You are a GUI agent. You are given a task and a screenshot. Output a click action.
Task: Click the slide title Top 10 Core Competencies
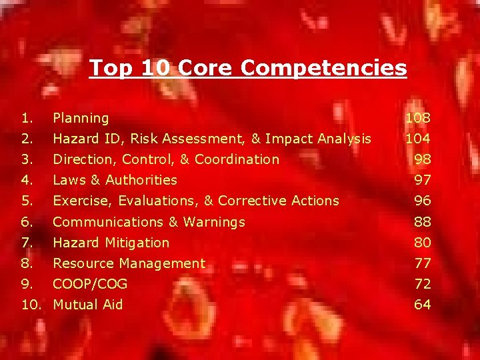pos(247,68)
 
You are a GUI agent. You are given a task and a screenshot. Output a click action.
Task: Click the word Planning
pos(81,119)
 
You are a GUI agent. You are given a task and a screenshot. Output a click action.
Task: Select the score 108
pos(418,119)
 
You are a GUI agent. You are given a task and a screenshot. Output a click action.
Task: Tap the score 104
pos(418,139)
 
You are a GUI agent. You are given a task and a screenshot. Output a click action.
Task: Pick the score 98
pos(422,160)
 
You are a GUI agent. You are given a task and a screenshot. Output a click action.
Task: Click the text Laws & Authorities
pos(115,181)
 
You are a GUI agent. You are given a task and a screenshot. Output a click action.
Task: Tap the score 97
pos(422,181)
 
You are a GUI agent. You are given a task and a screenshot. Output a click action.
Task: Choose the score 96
pos(422,201)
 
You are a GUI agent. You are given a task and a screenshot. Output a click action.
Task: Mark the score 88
pos(422,222)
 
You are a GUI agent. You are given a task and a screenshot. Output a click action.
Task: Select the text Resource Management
pos(129,263)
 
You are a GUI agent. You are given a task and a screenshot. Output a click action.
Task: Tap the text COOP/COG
pos(90,284)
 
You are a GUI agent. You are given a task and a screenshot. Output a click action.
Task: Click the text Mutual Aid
pos(88,305)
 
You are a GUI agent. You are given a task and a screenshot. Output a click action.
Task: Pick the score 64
pos(422,305)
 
